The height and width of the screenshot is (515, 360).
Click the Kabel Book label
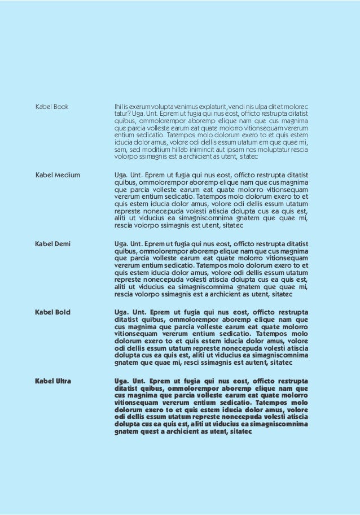pyautogui.click(x=52, y=107)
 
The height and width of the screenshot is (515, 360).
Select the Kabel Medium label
pyautogui.click(x=58, y=175)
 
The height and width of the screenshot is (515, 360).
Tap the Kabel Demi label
pyautogui.click(x=53, y=244)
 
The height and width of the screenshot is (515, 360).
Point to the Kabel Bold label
pyautogui.click(x=53, y=312)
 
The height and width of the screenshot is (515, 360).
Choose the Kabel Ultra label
pyautogui.click(x=53, y=381)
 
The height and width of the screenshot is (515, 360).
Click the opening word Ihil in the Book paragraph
pyautogui.click(x=118, y=107)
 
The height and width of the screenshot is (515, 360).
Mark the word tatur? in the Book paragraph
pyautogui.click(x=122, y=114)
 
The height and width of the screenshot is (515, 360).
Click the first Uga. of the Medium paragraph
pyautogui.click(x=122, y=175)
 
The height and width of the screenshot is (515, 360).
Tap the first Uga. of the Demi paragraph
pyautogui.click(x=122, y=244)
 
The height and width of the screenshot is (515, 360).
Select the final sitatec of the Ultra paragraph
pyautogui.click(x=239, y=432)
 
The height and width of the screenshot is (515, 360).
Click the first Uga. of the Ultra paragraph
pyautogui.click(x=123, y=381)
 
